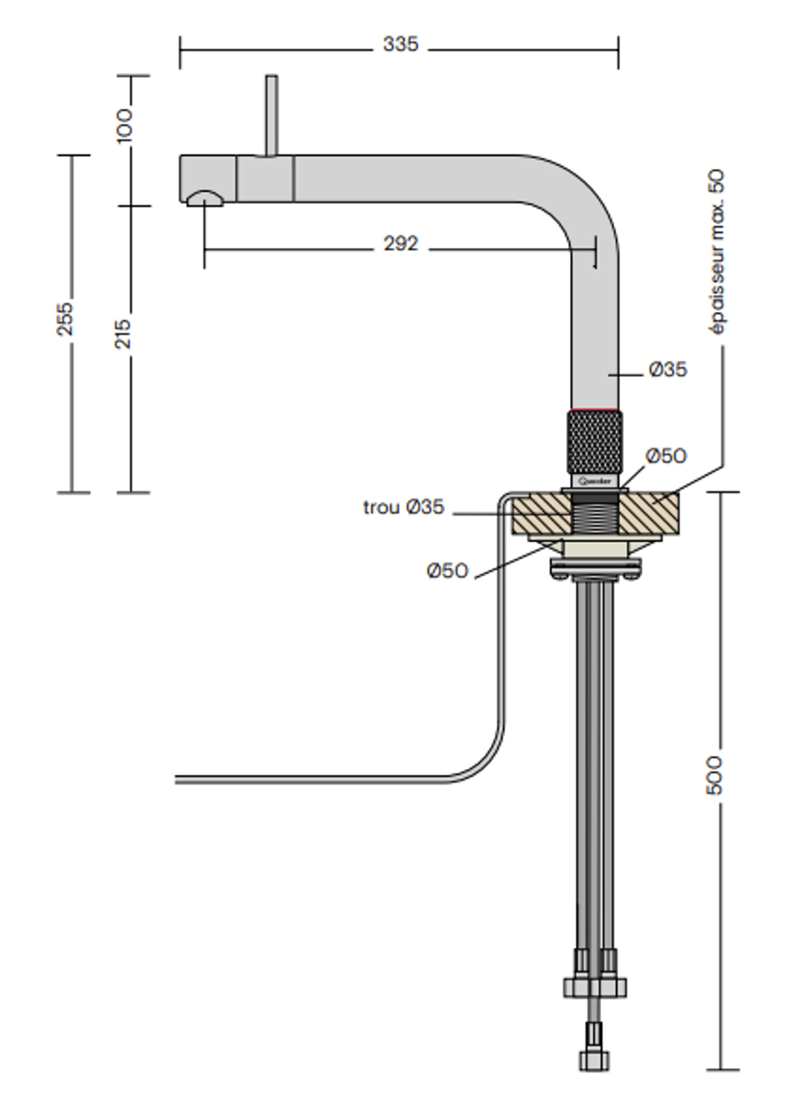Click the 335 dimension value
coord(401,44)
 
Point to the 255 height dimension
coord(65,319)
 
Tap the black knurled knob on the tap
coord(595,442)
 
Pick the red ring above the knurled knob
coord(595,409)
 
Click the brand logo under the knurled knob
coord(595,481)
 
